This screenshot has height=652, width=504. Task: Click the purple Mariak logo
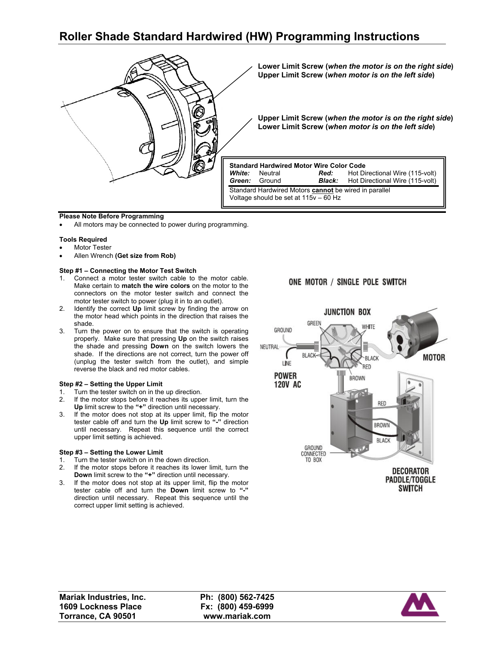(420, 605)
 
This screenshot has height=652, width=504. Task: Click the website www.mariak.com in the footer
(237, 616)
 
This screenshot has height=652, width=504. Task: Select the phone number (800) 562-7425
(246, 597)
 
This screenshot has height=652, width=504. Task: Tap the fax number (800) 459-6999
(245, 607)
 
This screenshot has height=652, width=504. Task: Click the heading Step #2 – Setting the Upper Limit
(111, 384)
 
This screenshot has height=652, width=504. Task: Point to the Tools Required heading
(83, 239)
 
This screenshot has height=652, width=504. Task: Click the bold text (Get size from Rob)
(145, 256)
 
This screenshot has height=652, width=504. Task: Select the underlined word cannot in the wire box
(322, 190)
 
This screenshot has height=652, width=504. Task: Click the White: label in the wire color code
(240, 173)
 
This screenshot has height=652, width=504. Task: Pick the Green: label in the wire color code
(240, 180)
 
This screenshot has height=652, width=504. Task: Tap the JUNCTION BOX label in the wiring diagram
(347, 312)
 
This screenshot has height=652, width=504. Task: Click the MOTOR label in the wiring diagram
(434, 357)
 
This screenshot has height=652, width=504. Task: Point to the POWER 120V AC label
(287, 380)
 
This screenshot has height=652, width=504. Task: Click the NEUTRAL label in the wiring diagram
(269, 347)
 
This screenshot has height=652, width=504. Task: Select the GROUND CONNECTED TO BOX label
(313, 454)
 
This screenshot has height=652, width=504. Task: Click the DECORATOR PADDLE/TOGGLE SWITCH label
(410, 480)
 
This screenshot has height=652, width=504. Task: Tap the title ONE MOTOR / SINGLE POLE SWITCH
(347, 282)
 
